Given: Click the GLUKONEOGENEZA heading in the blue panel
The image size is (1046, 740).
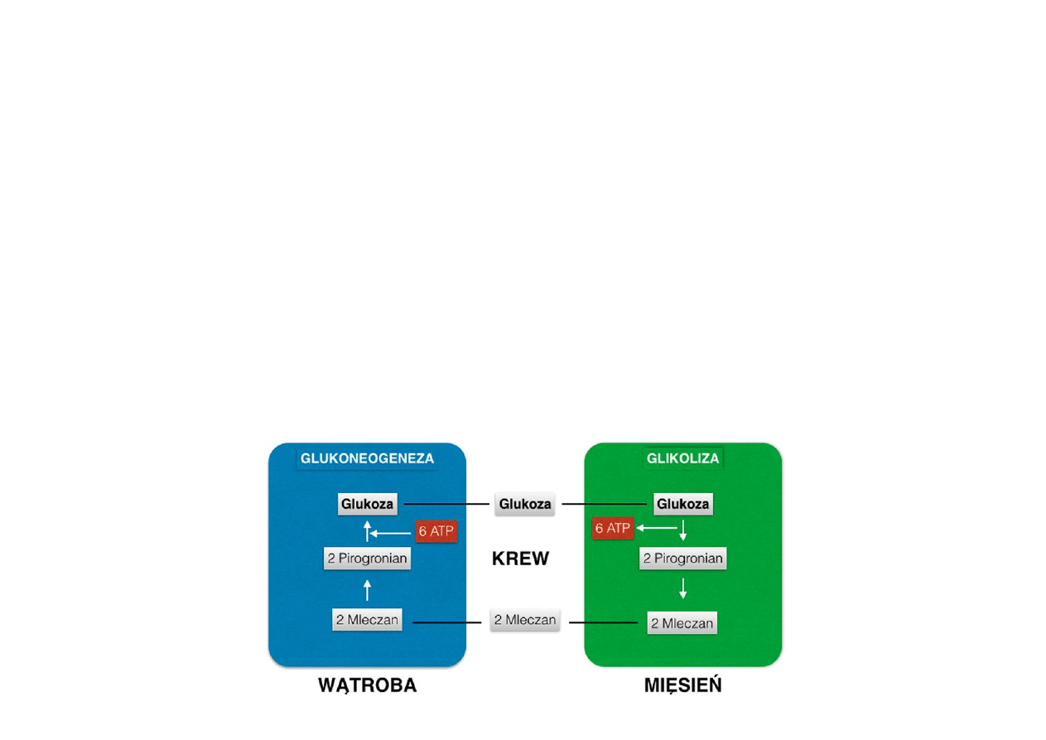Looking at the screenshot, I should click(x=367, y=458).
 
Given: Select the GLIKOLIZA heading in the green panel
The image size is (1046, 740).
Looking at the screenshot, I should click(x=682, y=458).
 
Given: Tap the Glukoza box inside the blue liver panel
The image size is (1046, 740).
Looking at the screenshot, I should click(x=367, y=504).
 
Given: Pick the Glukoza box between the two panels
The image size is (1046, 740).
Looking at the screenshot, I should click(x=524, y=504).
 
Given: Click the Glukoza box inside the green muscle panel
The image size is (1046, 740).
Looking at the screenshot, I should click(x=682, y=504).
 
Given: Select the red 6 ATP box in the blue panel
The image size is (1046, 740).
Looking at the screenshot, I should click(x=436, y=532).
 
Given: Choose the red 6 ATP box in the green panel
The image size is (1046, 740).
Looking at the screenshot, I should click(x=613, y=528).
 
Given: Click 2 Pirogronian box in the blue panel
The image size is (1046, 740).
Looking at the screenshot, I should click(x=367, y=559).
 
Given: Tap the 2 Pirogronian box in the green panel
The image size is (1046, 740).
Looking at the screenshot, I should click(x=683, y=559).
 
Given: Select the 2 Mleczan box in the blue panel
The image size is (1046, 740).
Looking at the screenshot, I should click(x=367, y=619).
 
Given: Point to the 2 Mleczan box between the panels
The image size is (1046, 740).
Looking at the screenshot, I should click(x=525, y=620).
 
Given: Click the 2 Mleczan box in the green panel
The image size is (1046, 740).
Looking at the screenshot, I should click(x=682, y=623).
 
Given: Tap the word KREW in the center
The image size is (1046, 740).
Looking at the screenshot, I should click(x=520, y=559).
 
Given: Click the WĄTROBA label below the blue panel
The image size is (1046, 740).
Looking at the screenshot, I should click(x=367, y=686).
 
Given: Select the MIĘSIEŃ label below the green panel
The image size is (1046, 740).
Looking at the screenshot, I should click(x=682, y=686).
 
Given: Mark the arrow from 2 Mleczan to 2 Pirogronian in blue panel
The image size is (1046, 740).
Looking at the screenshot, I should click(x=367, y=590).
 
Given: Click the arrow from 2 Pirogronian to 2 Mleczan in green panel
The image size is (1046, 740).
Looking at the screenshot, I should click(x=682, y=589).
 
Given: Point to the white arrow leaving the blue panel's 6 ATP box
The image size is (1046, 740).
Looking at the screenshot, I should click(x=391, y=532).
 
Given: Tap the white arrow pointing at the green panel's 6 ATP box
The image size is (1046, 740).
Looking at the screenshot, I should click(x=656, y=528).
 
